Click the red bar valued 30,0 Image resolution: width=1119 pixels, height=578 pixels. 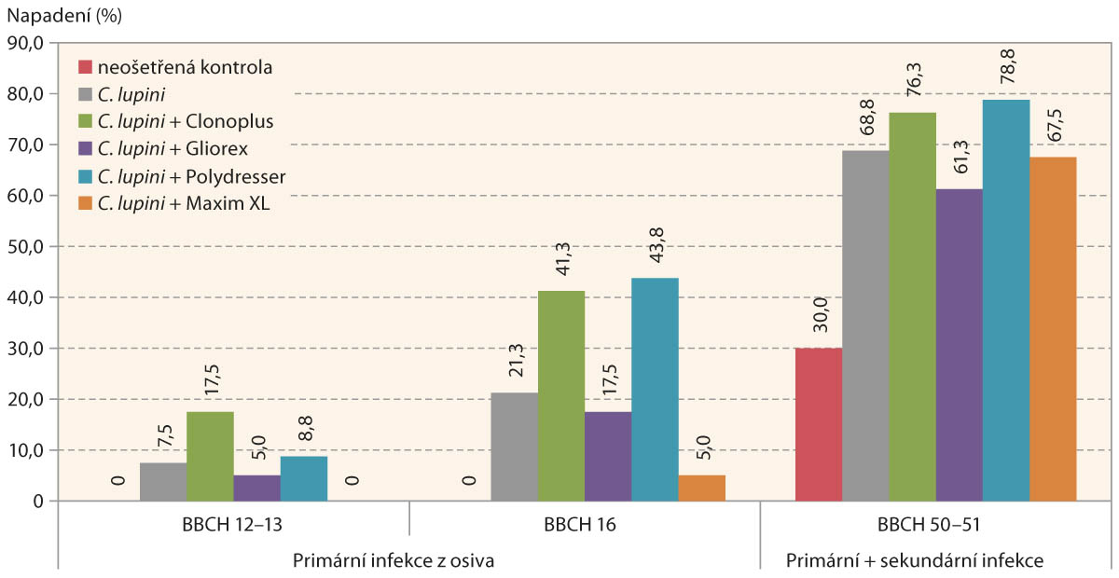pyautogui.click(x=819, y=424)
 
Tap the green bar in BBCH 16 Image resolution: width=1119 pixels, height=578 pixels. pyautogui.click(x=561, y=395)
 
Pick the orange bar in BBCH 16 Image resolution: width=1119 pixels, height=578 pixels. pyautogui.click(x=701, y=488)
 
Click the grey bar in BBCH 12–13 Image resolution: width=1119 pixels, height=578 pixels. pyautogui.click(x=163, y=482)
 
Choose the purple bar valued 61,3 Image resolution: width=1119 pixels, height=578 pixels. pyautogui.click(x=960, y=345)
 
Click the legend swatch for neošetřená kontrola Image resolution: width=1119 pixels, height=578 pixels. pyautogui.click(x=86, y=67)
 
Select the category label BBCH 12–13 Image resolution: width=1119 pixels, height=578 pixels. pyautogui.click(x=233, y=525)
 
